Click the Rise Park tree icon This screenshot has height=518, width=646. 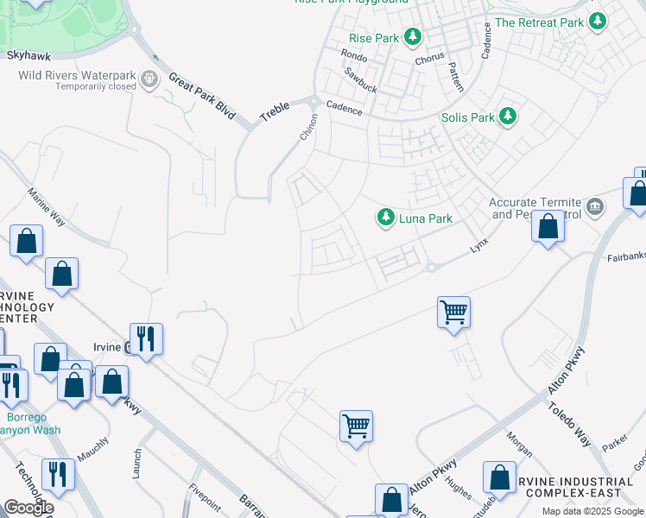414,37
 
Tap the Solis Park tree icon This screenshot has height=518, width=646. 509,117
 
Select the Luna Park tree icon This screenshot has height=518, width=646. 385,218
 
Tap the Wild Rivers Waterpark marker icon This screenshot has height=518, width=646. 150,80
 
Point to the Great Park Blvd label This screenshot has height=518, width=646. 202,97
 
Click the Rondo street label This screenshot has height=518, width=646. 354,55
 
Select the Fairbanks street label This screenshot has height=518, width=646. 624,256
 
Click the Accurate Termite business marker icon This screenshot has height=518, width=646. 594,206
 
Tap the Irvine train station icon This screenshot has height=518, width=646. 128,348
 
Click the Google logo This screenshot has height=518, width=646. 28,508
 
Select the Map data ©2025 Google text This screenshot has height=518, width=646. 592,511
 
